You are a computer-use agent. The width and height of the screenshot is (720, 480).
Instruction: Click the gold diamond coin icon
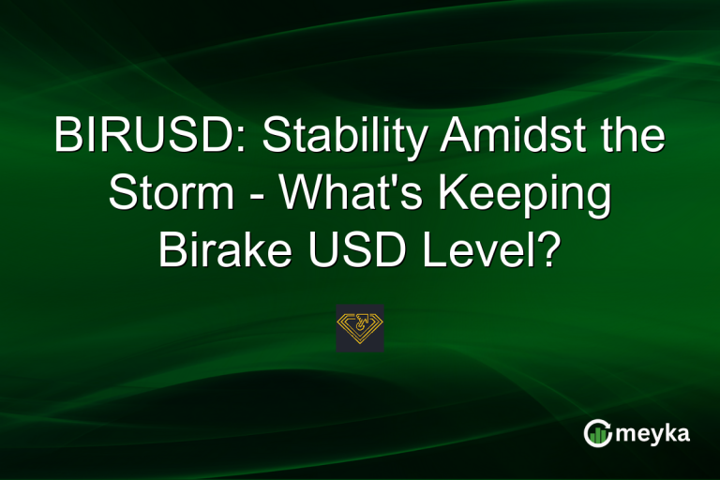coord(360,327)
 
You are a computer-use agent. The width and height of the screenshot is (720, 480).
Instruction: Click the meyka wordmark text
coord(656,434)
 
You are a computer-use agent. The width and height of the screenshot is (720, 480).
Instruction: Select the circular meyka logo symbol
coord(597,433)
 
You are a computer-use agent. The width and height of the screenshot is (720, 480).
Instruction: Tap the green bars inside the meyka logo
coord(598,436)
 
